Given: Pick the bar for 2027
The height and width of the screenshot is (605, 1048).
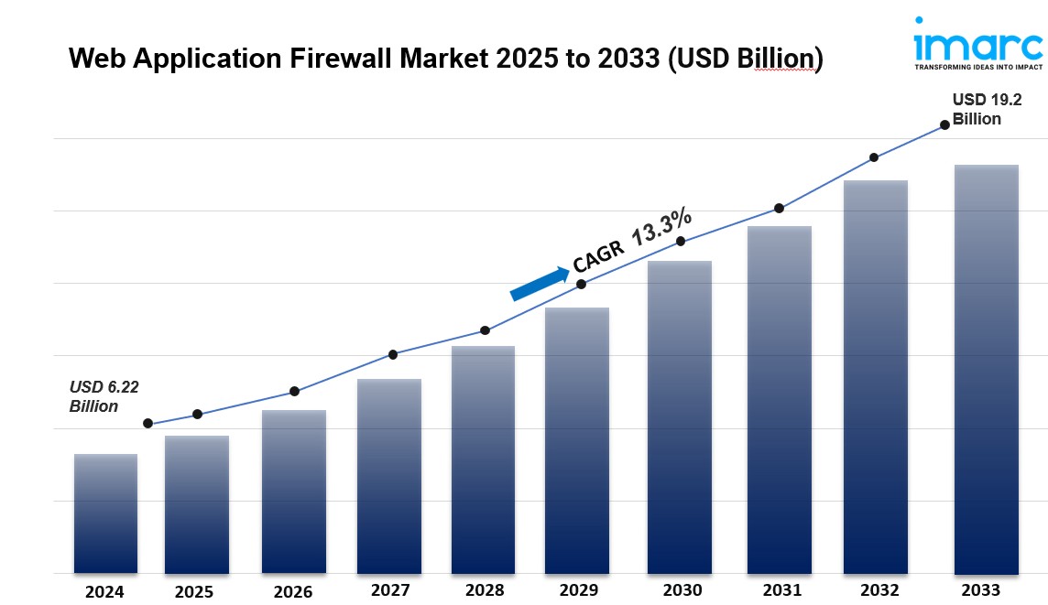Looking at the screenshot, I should pyautogui.click(x=388, y=475).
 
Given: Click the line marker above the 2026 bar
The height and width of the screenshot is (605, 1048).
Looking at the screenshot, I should pyautogui.click(x=294, y=392).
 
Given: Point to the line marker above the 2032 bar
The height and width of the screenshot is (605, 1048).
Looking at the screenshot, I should pyautogui.click(x=874, y=157).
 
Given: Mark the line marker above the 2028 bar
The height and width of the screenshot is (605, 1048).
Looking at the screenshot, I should pyautogui.click(x=485, y=330).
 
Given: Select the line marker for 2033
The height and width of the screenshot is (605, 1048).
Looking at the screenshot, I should pyautogui.click(x=944, y=125).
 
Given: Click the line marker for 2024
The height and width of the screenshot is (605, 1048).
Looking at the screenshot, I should pyautogui.click(x=147, y=424).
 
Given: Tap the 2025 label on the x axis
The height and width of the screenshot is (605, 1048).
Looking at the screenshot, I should pyautogui.click(x=194, y=591).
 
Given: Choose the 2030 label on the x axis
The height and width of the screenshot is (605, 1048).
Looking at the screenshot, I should pyautogui.click(x=682, y=590).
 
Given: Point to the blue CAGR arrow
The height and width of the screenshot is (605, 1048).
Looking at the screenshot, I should pyautogui.click(x=539, y=284).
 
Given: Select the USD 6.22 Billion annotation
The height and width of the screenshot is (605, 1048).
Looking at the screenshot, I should pyautogui.click(x=104, y=396).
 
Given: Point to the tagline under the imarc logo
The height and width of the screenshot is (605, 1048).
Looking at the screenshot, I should pyautogui.click(x=978, y=67).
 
